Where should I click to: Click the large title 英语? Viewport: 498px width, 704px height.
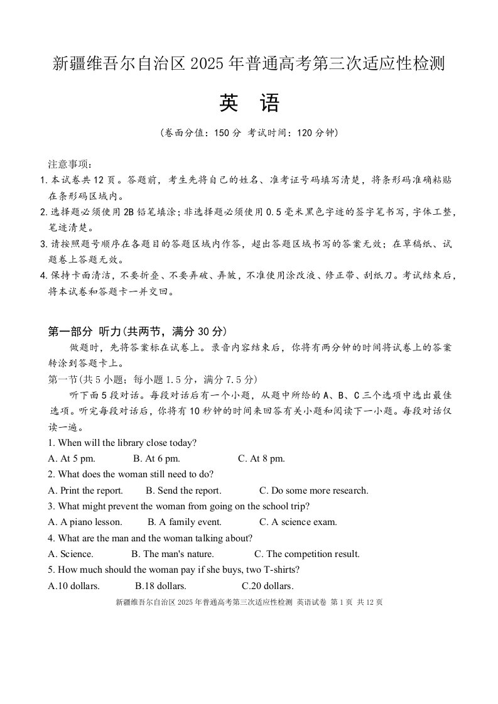pos(249,104)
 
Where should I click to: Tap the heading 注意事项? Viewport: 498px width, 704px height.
pos(70,165)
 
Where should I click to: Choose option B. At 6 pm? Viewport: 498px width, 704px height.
pos(156,458)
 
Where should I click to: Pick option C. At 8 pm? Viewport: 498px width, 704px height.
pos(261,458)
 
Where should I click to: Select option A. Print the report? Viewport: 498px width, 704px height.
pos(85,490)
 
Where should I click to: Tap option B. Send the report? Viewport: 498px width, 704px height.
pos(183,490)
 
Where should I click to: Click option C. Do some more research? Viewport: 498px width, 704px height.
pos(313,490)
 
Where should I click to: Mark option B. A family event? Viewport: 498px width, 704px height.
pos(185,522)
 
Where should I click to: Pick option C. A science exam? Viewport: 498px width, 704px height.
pos(298,522)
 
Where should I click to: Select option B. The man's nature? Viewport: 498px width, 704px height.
pos(172,554)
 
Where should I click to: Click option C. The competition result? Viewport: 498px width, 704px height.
pos(306,554)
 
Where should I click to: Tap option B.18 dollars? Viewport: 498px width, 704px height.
pos(161,586)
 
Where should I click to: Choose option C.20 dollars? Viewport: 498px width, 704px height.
pos(268,586)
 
